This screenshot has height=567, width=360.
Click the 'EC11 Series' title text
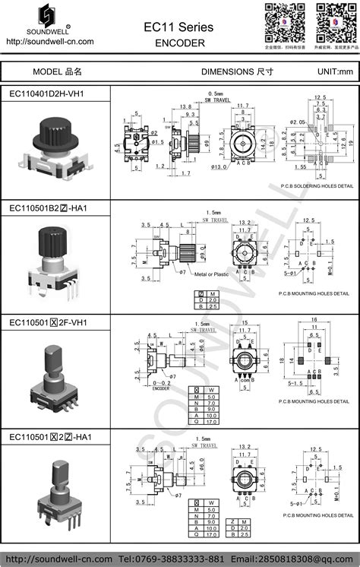(x=179, y=27)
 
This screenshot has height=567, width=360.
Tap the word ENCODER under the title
(x=179, y=43)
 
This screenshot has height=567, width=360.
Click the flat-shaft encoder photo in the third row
(x=56, y=376)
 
